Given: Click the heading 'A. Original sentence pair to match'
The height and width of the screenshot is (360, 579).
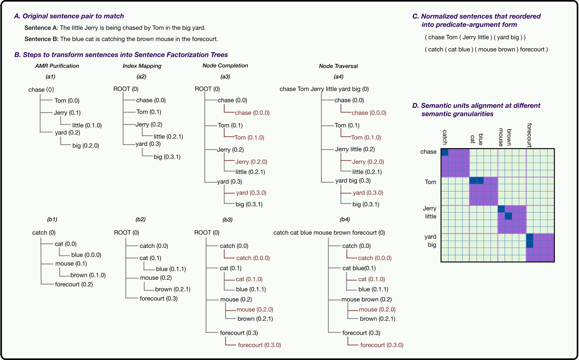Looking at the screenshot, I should pos(69,16).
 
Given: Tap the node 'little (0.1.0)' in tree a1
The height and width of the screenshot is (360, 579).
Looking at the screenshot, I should pos(87,125).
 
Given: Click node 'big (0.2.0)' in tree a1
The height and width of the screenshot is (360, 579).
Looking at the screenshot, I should pos(86,145).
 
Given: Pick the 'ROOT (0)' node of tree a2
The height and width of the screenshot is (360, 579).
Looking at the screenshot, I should pos(126,89).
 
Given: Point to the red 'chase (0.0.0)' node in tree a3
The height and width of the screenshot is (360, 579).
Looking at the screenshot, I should pos(252,113).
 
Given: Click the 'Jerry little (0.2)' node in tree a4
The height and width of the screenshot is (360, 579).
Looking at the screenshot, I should pos(355,149).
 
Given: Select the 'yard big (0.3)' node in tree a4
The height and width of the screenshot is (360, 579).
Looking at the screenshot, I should pos(353,180).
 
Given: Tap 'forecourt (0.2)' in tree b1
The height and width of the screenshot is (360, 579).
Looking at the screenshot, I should pos(74,284).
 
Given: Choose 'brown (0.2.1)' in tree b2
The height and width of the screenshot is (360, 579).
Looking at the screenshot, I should pos(173,289).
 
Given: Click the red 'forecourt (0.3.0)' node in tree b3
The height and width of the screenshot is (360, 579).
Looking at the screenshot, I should pos(259,345).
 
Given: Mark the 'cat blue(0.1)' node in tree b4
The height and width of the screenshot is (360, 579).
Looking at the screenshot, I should pos(359,268).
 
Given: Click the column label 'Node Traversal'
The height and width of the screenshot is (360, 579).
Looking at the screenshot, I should pos(338,66).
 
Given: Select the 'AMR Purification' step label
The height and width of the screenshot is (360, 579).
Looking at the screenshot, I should pos(57,66).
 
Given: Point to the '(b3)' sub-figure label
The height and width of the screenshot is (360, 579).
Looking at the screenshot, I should pos(227,220).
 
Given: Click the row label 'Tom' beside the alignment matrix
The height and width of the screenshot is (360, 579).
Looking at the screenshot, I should pos(430,182).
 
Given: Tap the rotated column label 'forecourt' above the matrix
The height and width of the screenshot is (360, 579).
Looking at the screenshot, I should pos(529,135).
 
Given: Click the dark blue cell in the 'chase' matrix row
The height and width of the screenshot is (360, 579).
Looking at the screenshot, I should pos(445,152).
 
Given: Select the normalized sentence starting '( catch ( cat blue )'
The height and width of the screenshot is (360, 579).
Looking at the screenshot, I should pos(486,49).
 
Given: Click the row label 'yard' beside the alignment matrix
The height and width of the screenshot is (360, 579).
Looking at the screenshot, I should pos(430,237).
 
